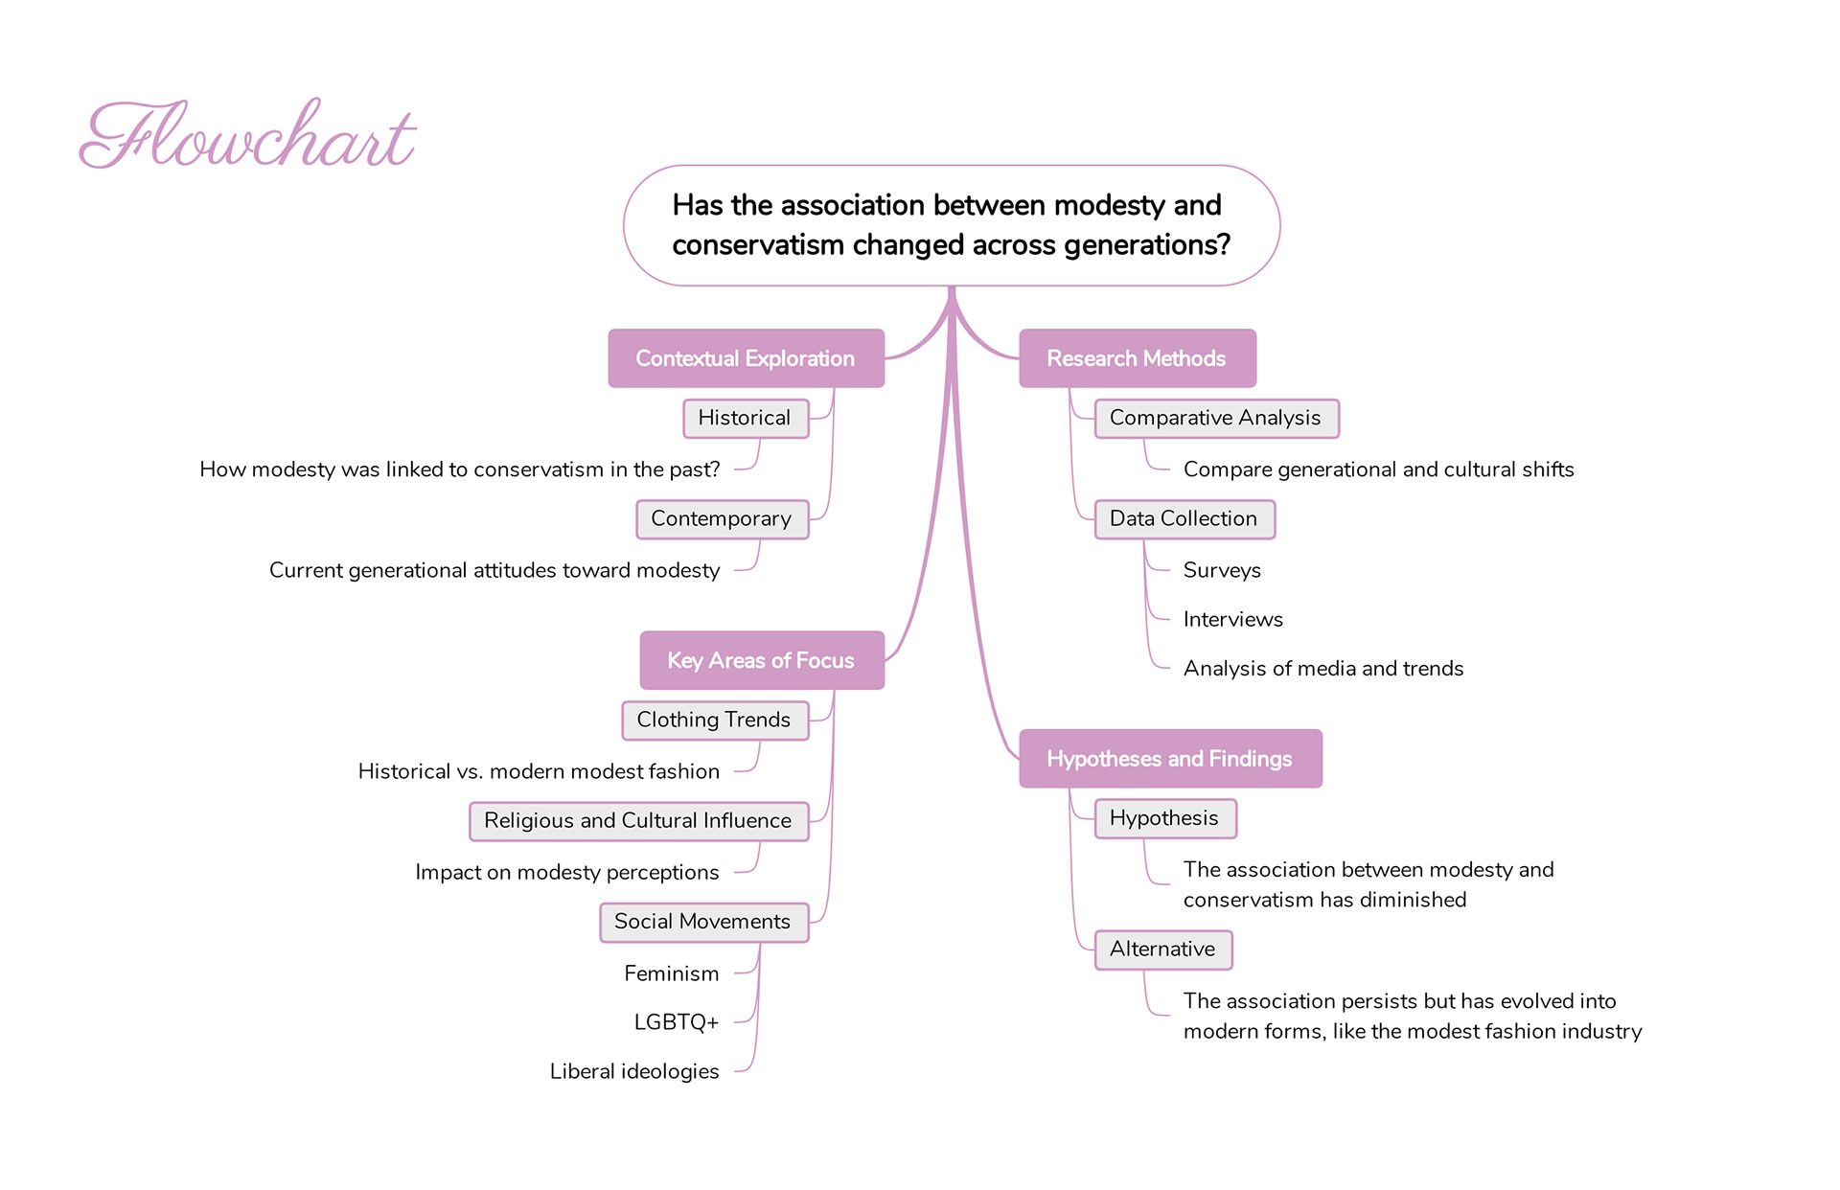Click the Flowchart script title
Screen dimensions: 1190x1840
[247, 136]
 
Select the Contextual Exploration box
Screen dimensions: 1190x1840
[746, 358]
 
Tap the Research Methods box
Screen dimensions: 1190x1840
[1137, 358]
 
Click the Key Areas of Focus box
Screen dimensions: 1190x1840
[761, 660]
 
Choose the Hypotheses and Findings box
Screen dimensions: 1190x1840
[1169, 759]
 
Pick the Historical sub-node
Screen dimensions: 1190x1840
[745, 419]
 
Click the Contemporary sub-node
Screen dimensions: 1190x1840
[722, 519]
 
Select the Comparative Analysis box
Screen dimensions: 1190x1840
[1215, 419]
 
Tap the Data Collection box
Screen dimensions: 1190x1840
[1184, 519]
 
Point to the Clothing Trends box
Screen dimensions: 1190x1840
[714, 721]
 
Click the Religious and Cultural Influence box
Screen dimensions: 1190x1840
[638, 821]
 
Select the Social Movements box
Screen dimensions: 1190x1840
[703, 922]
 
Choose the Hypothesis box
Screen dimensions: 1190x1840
[1164, 818]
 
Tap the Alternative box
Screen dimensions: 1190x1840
[1162, 950]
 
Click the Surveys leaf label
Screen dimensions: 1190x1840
[1222, 570]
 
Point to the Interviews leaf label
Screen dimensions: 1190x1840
[1232, 619]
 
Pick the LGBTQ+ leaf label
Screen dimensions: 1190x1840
[677, 1022]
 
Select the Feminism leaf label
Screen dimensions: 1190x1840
[672, 973]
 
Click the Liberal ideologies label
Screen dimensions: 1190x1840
[634, 1071]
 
